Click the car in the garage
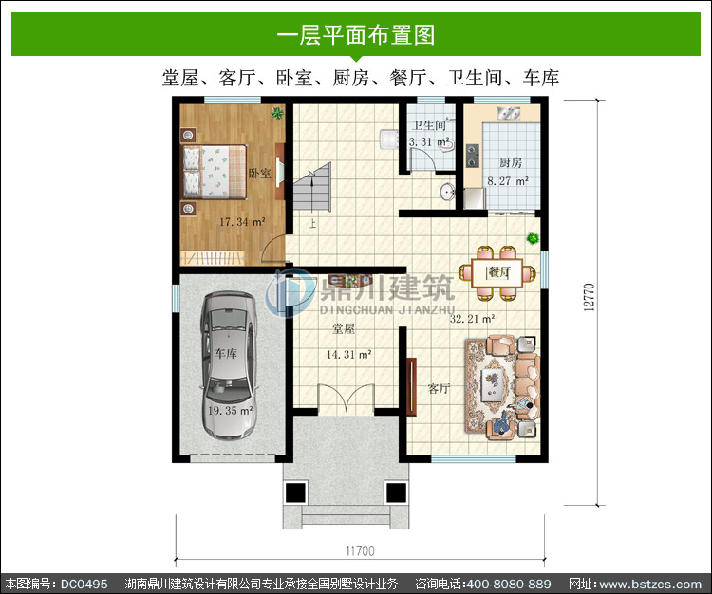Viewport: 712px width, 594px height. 229,364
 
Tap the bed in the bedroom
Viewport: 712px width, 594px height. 215,172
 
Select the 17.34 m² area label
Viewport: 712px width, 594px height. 242,222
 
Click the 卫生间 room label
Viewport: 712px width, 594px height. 429,125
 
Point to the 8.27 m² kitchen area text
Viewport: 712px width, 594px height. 508,181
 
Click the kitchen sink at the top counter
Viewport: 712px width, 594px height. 509,113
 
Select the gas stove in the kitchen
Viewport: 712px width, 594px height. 473,156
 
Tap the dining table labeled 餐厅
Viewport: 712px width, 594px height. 497,272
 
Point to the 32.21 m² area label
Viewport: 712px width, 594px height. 472,319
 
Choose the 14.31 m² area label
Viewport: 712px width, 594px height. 348,354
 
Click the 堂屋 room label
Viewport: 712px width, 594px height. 344,328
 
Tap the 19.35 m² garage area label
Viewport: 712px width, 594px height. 231,411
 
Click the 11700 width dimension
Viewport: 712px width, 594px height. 360,551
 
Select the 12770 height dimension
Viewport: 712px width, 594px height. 589,297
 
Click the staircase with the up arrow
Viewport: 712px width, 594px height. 312,187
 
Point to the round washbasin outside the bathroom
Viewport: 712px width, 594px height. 447,192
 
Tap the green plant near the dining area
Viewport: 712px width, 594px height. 534,238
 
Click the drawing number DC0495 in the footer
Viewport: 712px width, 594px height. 84,584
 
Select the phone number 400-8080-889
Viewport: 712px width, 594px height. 509,584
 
